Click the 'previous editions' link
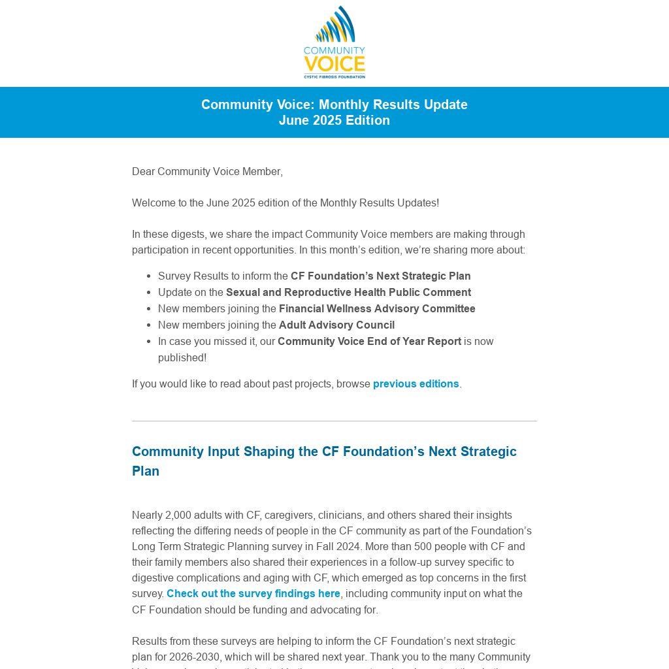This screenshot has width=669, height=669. point(416,384)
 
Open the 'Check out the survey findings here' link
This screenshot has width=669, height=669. point(253,594)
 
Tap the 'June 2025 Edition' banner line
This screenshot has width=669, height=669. point(334,120)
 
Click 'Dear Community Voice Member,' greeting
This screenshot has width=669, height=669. point(207,172)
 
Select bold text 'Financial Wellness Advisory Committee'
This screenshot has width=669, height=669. point(377,309)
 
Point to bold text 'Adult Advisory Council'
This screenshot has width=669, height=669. point(336,325)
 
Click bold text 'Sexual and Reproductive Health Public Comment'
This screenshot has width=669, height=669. point(348,293)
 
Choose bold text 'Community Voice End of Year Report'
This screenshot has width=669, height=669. point(369,342)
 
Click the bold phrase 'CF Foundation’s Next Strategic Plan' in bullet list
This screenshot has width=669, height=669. point(380,276)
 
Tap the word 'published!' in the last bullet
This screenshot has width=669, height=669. point(182,358)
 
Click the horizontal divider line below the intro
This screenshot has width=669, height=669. point(334,421)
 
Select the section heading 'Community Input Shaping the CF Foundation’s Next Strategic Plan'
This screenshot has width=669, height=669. point(324,461)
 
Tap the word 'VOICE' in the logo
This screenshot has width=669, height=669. point(334,65)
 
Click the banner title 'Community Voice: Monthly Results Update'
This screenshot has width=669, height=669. point(334,105)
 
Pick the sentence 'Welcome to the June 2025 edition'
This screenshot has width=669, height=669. point(285,203)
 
